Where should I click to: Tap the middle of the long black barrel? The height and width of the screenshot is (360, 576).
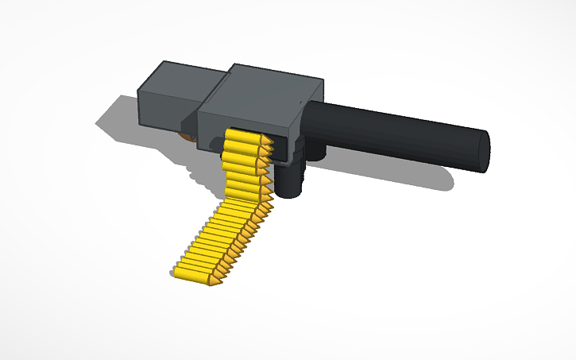tap(397, 131)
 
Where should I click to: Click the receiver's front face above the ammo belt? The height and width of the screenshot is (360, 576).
tap(246, 118)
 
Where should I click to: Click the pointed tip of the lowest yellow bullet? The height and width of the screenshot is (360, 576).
tap(215, 281)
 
